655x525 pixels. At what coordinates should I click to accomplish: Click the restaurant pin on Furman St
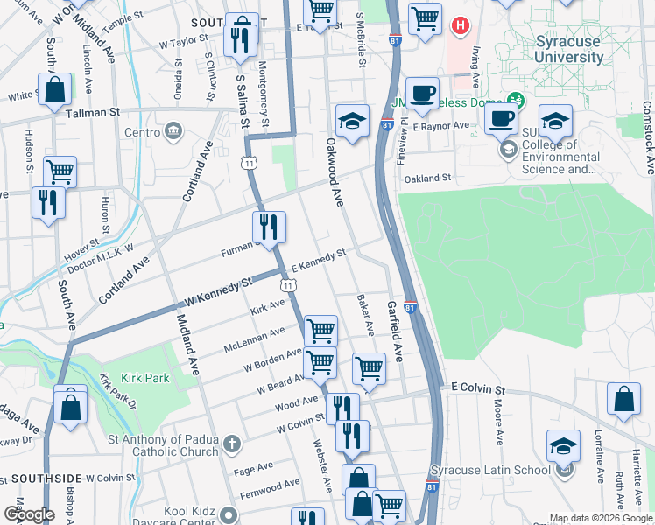click(x=269, y=227)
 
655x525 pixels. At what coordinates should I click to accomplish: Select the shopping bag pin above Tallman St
click(x=54, y=90)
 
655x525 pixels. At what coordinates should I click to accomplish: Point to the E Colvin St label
click(x=478, y=388)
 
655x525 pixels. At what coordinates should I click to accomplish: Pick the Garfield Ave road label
click(x=394, y=332)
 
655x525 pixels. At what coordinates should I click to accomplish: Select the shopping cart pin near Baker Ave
click(x=369, y=368)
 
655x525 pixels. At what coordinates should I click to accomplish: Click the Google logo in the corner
click(x=28, y=514)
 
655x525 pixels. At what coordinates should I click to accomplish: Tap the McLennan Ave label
click(x=253, y=336)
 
